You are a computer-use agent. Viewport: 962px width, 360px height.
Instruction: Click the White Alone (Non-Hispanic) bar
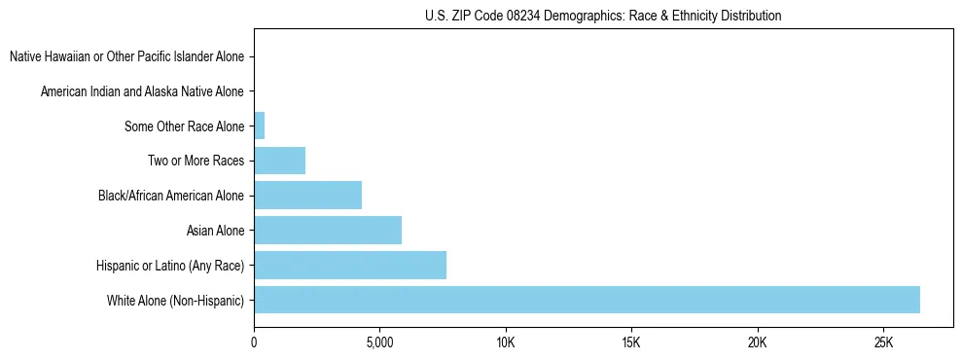point(587,300)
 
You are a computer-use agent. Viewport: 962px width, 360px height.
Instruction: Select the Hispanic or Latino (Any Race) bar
point(350,265)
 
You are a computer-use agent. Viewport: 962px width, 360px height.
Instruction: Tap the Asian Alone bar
point(328,230)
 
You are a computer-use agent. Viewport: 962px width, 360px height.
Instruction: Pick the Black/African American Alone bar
point(307,195)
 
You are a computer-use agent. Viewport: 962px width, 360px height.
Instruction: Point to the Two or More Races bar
point(279,161)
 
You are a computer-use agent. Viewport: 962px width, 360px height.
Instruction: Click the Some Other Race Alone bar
point(259,126)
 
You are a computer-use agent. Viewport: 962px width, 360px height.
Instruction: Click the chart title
point(603,16)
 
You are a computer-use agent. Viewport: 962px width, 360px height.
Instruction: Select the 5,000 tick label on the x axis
point(379,343)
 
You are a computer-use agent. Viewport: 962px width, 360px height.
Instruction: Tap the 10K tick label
point(506,343)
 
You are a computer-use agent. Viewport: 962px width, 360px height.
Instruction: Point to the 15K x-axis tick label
point(631,343)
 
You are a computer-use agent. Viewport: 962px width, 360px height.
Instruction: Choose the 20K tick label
point(757,343)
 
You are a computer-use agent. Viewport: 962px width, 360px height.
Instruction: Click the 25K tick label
point(883,343)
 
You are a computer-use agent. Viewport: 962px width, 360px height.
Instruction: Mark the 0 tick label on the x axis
point(254,343)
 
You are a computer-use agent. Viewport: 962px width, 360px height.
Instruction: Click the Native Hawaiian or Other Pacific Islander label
point(126,56)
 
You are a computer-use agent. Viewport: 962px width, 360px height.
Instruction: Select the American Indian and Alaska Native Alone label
point(142,91)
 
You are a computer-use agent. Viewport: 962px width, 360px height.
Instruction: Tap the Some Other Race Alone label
point(184,126)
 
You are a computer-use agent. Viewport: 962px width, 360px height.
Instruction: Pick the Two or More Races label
point(196,161)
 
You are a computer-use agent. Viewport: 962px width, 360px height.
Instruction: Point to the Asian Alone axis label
point(215,231)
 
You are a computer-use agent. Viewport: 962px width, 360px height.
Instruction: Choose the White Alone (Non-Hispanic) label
point(175,301)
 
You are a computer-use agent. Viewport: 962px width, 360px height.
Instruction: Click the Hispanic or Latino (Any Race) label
point(170,266)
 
